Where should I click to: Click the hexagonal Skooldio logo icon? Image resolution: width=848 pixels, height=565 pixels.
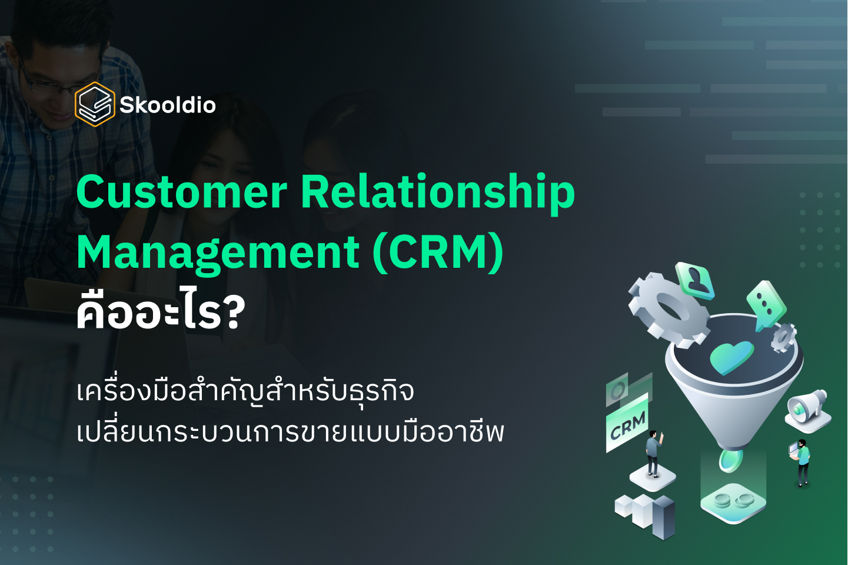coord(94,105)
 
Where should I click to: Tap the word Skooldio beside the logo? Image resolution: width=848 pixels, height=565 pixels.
coord(168,105)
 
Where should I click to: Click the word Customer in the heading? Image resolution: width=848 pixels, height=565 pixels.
coord(181,192)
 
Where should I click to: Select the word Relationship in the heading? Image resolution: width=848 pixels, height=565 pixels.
coord(438,192)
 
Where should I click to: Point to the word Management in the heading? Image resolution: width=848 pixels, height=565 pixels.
coord(218,252)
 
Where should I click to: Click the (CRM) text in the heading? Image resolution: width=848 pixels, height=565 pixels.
coord(438,252)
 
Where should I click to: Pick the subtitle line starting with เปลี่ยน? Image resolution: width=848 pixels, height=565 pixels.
coord(290,433)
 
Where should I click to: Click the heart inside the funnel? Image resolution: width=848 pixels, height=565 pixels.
coord(731,355)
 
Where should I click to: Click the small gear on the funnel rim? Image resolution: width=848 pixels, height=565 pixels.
coord(783,337)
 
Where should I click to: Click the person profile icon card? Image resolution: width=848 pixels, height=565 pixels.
coord(695,280)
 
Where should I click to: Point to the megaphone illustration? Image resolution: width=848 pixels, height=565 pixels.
coord(808,406)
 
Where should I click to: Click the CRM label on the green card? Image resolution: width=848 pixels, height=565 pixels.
coord(627,426)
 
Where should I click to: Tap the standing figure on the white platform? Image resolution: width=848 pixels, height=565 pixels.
coord(653,452)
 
